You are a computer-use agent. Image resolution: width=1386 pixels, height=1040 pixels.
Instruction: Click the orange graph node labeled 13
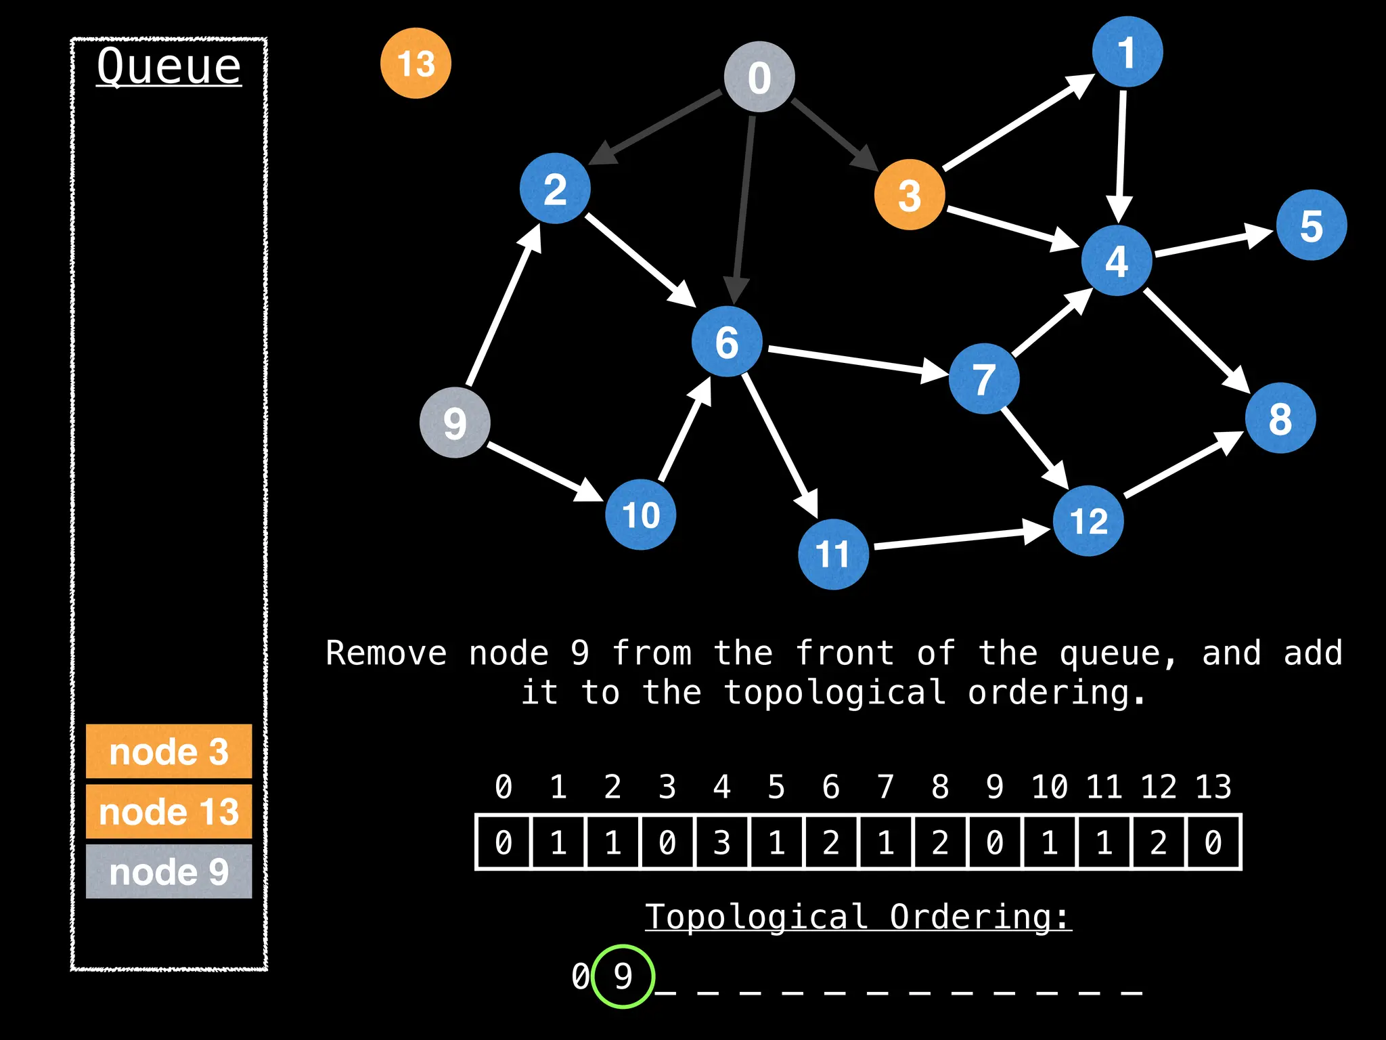pos(416,63)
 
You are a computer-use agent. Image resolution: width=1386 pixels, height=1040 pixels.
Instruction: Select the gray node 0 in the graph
pos(759,77)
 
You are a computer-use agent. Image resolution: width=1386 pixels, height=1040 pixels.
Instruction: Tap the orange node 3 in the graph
pos(910,195)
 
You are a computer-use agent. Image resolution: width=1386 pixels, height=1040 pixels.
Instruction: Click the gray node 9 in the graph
pos(455,422)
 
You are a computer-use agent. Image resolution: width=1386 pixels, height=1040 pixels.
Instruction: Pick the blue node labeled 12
pos(1088,521)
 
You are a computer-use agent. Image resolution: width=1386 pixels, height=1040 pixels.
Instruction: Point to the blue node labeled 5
pos(1312,225)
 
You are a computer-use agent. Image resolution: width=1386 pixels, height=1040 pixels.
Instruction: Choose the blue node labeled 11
pos(833,554)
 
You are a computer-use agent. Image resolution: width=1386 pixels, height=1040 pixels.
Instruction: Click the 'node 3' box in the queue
pos(169,752)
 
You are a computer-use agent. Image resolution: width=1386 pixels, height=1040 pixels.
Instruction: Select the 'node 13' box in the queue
pos(169,811)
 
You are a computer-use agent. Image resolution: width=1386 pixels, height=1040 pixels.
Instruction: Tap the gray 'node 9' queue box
pos(169,871)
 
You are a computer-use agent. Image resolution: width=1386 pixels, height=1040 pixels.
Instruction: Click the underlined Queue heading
pos(169,66)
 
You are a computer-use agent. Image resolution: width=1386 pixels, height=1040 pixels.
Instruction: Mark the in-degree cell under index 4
pos(722,842)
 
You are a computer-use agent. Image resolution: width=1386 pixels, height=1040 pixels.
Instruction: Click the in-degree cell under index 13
pos(1213,842)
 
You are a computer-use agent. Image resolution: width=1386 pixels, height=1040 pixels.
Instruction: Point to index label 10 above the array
pos(1049,787)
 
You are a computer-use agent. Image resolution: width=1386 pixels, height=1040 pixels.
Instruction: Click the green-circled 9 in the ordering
pos(623,976)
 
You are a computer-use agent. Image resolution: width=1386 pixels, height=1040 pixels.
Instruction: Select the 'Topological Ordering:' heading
pos(858,917)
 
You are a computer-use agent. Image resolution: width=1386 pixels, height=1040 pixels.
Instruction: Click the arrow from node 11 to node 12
pos(961,538)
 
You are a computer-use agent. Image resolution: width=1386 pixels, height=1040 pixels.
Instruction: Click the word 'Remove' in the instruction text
pos(386,653)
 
